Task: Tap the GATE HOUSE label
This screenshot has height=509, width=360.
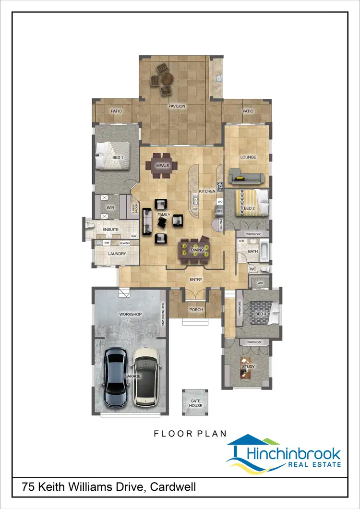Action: point(195,403)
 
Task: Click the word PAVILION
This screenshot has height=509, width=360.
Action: point(177,106)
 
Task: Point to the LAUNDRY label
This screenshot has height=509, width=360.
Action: point(117,254)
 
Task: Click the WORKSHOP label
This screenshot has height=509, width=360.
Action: point(131,314)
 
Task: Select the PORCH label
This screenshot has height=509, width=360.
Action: point(196,310)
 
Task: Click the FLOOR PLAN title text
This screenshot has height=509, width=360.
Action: point(190,434)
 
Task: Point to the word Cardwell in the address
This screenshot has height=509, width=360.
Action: point(173,487)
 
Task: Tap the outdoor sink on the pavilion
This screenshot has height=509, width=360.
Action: point(217,78)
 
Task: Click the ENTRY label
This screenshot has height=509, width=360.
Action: point(196,279)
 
